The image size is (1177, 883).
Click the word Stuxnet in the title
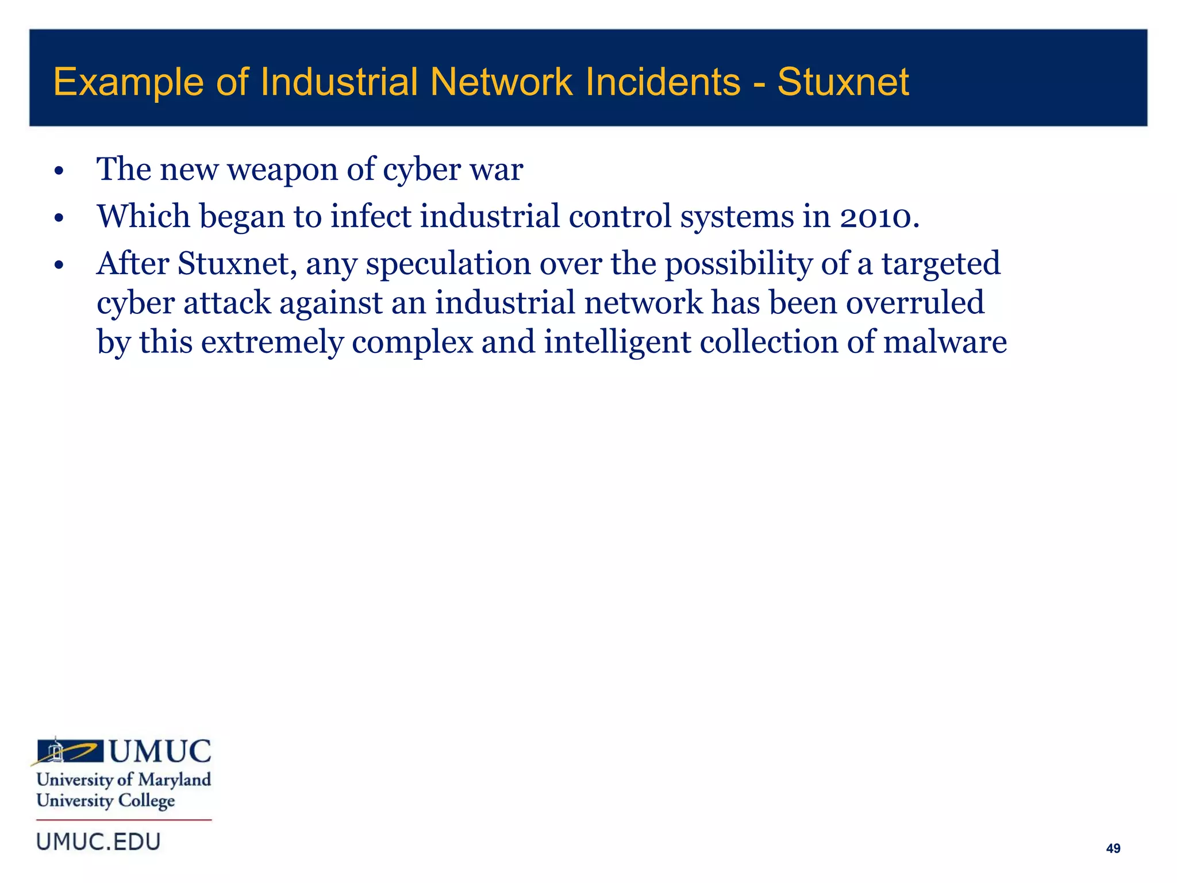[843, 82]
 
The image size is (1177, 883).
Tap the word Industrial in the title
[339, 82]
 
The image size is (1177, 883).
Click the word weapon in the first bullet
[282, 170]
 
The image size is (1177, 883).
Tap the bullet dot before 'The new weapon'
[59, 171]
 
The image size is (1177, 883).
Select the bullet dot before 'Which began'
[59, 218]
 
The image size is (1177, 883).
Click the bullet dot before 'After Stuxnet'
[59, 266]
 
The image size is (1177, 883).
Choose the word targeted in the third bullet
[941, 264]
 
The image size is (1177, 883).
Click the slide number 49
[1113, 849]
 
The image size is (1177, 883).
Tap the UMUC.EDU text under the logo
[98, 842]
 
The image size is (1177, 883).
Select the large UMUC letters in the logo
[160, 751]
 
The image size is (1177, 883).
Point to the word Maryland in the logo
[175, 780]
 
